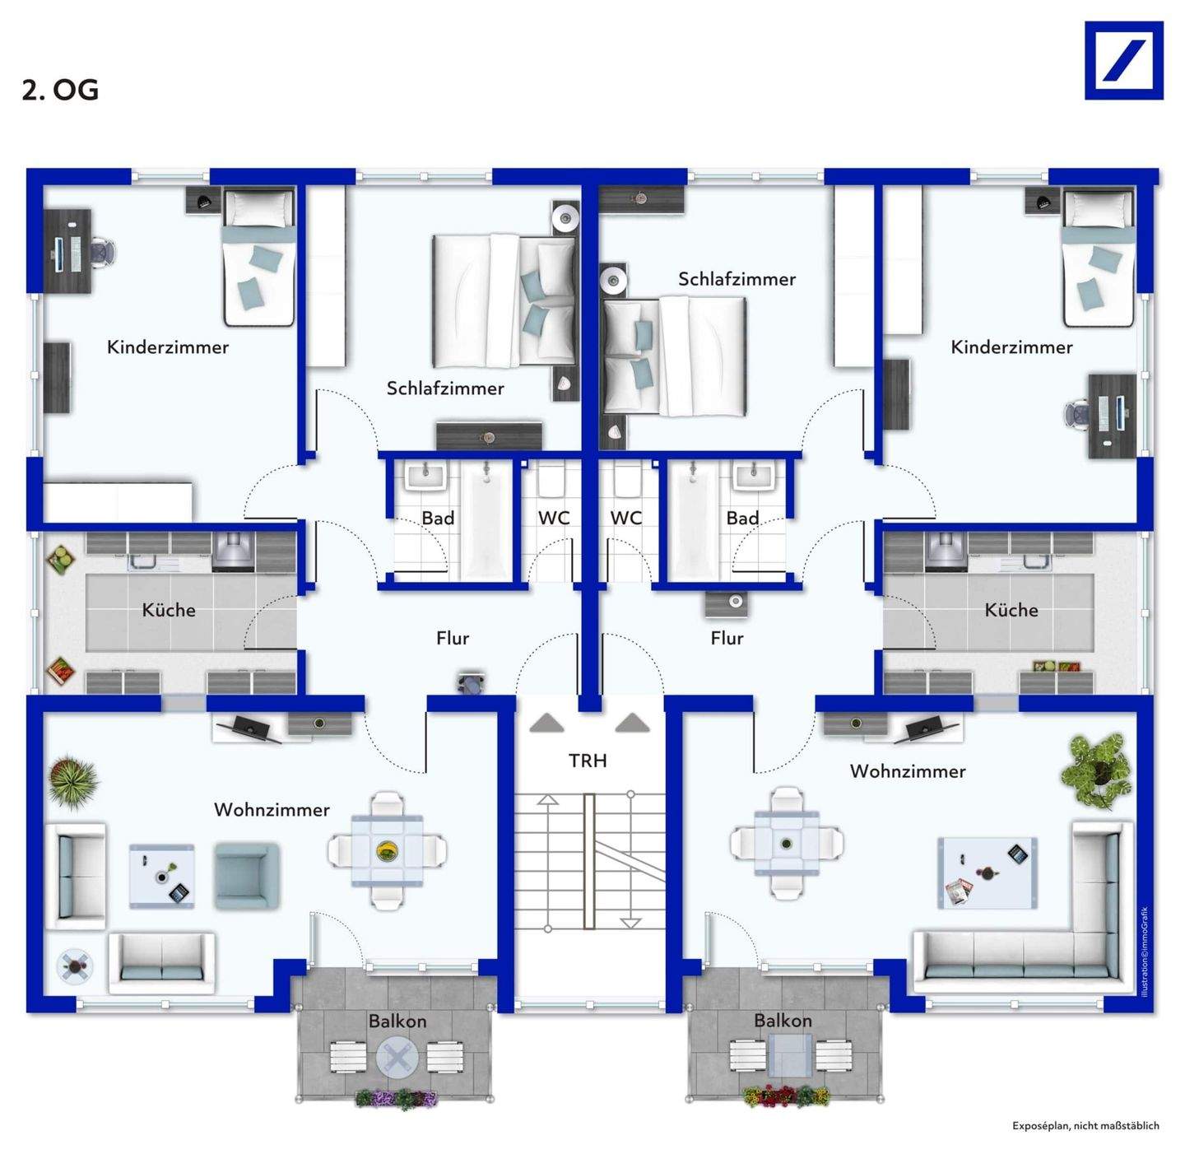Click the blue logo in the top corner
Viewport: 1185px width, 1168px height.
(1124, 60)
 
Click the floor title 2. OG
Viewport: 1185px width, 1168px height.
(60, 91)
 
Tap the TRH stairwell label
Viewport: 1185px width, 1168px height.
(588, 761)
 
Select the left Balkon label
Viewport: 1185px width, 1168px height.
(397, 1021)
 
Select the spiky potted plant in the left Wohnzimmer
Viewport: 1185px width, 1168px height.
(74, 781)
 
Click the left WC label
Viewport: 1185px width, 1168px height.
(554, 518)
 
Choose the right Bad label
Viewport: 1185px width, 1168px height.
(742, 518)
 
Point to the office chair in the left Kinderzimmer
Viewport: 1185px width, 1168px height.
(103, 253)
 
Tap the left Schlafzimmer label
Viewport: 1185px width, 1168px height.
(445, 389)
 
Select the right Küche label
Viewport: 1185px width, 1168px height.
(1011, 610)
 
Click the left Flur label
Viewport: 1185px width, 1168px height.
(453, 638)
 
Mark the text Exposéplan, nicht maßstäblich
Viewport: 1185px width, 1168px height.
(1085, 1125)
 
